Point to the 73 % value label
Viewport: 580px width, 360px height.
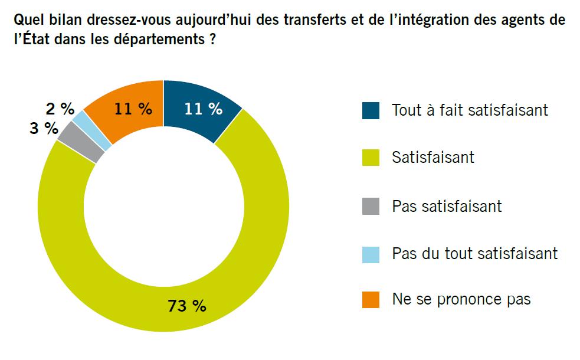tap(187, 306)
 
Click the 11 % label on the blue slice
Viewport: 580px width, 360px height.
tap(203, 109)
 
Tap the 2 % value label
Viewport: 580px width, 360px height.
tap(60, 109)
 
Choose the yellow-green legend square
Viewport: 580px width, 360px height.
tap(371, 158)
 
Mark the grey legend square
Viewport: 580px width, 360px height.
tap(371, 206)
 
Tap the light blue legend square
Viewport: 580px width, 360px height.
tap(371, 254)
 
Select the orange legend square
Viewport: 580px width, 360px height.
tap(371, 300)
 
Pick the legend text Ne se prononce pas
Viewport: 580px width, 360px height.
tap(461, 299)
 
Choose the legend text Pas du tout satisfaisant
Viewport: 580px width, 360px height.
tap(474, 253)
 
